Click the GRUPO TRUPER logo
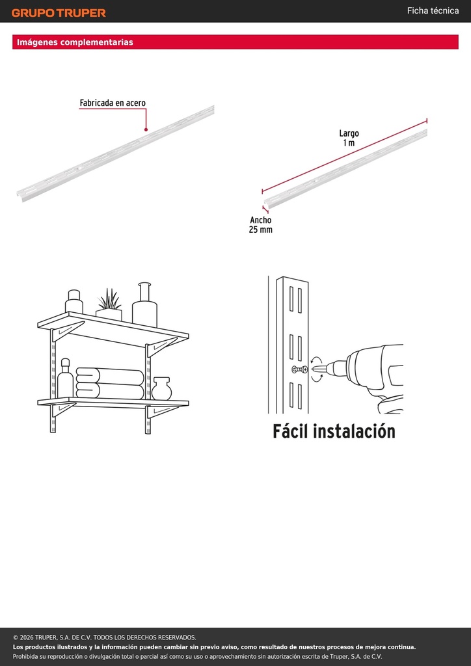59,13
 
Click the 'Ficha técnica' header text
433,10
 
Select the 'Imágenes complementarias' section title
75,42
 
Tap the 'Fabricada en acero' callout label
113,103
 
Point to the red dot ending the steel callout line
146,129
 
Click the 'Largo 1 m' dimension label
349,139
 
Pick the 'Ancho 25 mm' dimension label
261,224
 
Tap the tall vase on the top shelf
144,304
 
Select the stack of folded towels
110,384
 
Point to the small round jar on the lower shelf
161,389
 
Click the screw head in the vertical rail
299,369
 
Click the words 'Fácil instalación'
334,431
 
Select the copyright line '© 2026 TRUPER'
105,637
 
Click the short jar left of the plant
74,301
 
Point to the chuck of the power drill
338,368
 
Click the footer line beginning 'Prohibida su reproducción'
198,657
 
